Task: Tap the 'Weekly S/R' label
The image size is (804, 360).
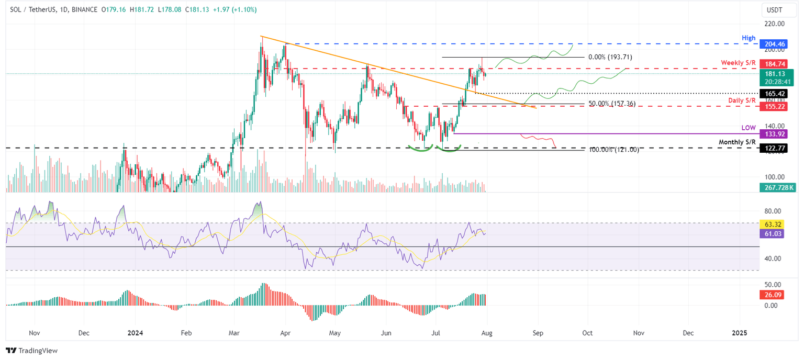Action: [x=738, y=63]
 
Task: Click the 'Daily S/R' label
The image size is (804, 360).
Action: [x=741, y=100]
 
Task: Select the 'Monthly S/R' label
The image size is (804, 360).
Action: [x=737, y=142]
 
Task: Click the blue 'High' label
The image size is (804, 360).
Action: [x=749, y=38]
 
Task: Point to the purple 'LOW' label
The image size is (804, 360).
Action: [x=749, y=128]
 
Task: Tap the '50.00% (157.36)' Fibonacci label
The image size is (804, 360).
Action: [x=612, y=104]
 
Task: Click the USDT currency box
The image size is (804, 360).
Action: [x=774, y=10]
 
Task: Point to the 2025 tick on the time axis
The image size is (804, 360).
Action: [x=739, y=333]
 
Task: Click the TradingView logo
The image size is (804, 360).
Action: [x=32, y=351]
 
